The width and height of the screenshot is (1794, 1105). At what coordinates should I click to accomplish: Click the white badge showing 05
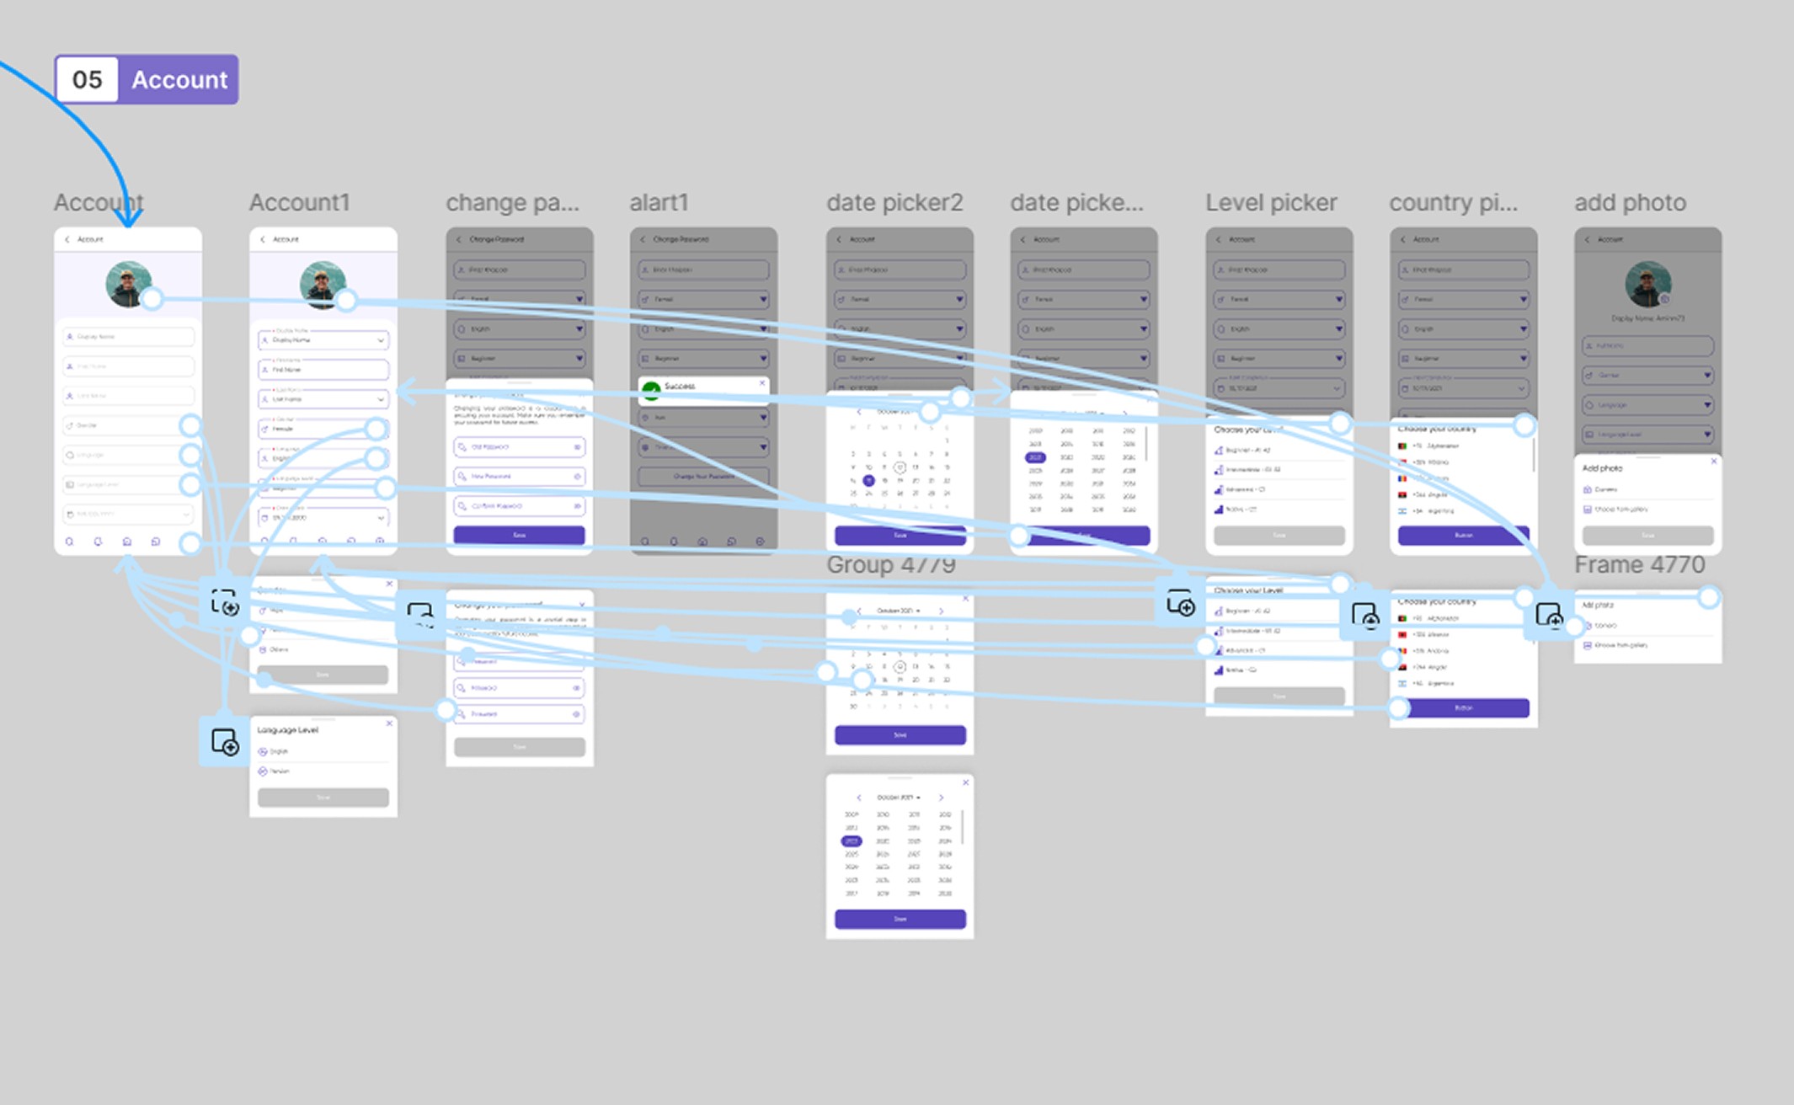tap(87, 80)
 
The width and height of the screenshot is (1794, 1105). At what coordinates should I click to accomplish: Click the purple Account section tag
tap(179, 80)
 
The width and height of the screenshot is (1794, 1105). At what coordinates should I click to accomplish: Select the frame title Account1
tap(299, 203)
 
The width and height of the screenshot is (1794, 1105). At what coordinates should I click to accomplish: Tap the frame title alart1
tap(659, 203)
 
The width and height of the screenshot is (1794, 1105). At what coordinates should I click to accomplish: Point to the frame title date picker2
tap(894, 203)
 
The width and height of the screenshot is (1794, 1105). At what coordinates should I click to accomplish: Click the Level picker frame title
tap(1270, 203)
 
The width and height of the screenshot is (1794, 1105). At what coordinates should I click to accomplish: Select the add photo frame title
tap(1630, 203)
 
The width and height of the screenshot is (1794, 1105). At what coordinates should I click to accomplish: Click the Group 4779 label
tap(890, 565)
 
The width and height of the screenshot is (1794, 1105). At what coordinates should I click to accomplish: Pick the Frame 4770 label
tap(1639, 565)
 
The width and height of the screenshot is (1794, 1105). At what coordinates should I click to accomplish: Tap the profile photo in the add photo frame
tap(1647, 284)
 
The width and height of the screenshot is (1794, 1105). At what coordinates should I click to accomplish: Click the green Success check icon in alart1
tap(651, 390)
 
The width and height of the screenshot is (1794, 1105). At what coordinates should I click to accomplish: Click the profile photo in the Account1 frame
tap(322, 284)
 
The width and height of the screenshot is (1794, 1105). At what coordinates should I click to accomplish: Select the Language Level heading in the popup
tap(288, 730)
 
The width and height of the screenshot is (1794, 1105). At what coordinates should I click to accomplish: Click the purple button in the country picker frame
tap(1463, 535)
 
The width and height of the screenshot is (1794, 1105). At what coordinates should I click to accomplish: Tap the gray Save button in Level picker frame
tap(1279, 535)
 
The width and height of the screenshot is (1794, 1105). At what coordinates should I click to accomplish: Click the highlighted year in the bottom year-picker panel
tap(852, 841)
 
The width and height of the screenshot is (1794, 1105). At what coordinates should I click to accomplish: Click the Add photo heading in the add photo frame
tap(1602, 468)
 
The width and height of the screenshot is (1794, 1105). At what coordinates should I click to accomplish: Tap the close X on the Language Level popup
tap(389, 723)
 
